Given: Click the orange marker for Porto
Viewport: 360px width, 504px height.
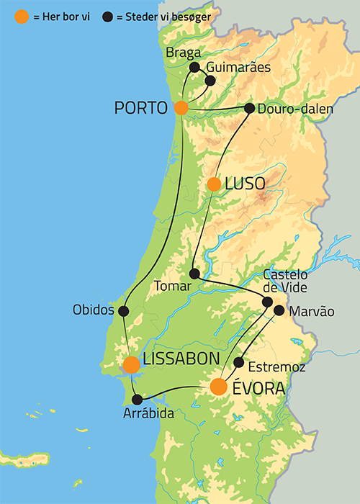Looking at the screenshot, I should pyautogui.click(x=181, y=108).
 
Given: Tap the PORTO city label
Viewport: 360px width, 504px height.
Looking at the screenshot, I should pyautogui.click(x=141, y=108).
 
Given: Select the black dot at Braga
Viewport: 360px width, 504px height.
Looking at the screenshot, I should pyautogui.click(x=194, y=67).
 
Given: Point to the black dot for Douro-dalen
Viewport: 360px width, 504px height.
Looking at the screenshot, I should pyautogui.click(x=249, y=108).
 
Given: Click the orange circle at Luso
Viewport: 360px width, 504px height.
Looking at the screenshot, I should pyautogui.click(x=214, y=184).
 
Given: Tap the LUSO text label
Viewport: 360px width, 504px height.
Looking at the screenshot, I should pyautogui.click(x=245, y=184).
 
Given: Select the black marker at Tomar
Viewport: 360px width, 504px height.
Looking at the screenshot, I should pyautogui.click(x=194, y=274).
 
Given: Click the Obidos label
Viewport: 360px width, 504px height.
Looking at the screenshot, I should pyautogui.click(x=93, y=310).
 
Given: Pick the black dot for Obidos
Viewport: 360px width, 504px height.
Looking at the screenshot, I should pyautogui.click(x=123, y=311).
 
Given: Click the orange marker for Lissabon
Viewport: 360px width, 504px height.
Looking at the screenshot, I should pyautogui.click(x=131, y=365).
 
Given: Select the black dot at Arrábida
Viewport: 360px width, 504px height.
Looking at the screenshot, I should pyautogui.click(x=138, y=399).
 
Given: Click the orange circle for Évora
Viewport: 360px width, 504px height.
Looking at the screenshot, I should pyautogui.click(x=219, y=387).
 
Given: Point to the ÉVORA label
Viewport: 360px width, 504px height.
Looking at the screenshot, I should pyautogui.click(x=258, y=389).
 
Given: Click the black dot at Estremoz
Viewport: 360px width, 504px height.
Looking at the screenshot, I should pyautogui.click(x=239, y=362).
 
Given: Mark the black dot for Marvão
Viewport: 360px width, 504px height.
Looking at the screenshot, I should pyautogui.click(x=279, y=310).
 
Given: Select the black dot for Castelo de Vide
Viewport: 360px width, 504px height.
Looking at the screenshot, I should pyautogui.click(x=267, y=302).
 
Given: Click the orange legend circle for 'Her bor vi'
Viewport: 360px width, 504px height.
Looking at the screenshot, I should pyautogui.click(x=22, y=16).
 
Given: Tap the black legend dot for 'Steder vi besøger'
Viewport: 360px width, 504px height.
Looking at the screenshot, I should pyautogui.click(x=107, y=16).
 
